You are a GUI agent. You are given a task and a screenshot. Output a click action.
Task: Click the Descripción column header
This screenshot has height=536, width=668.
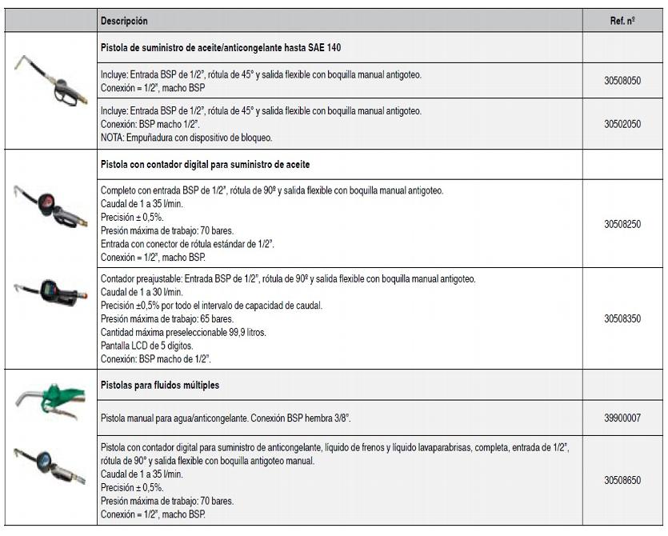pyautogui.click(x=124, y=21)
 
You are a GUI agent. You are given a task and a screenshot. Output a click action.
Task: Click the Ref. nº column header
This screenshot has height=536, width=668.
pyautogui.click(x=622, y=21)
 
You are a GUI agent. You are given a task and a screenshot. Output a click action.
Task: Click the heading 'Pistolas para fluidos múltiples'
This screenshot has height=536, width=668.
pyautogui.click(x=160, y=385)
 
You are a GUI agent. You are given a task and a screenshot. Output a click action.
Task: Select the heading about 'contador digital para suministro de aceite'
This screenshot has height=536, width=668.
pyautogui.click(x=206, y=164)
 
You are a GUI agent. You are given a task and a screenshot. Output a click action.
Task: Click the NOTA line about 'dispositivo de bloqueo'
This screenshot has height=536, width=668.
pyautogui.click(x=186, y=137)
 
